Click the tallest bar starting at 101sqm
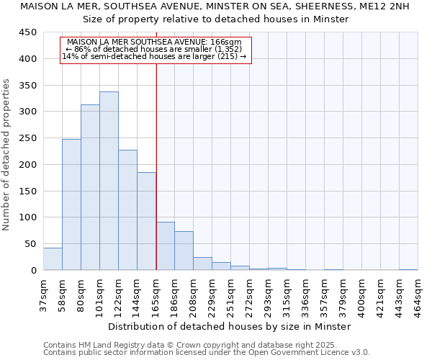click(109, 181)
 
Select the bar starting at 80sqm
click(90, 187)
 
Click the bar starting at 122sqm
click(127, 210)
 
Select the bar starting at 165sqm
click(165, 246)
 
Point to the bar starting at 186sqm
click(184, 251)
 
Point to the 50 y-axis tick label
click(31, 244)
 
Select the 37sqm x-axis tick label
click(43, 291)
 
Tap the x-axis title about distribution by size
click(230, 326)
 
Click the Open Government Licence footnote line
click(207, 352)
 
